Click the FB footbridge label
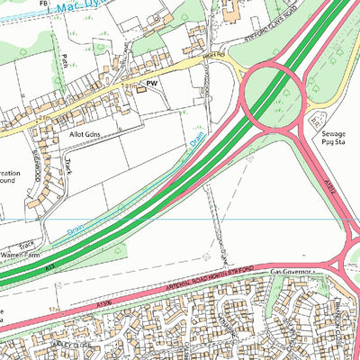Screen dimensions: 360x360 44,4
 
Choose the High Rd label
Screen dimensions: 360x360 213,56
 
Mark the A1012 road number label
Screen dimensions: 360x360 327,186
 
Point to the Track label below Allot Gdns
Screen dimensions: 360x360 67,166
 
